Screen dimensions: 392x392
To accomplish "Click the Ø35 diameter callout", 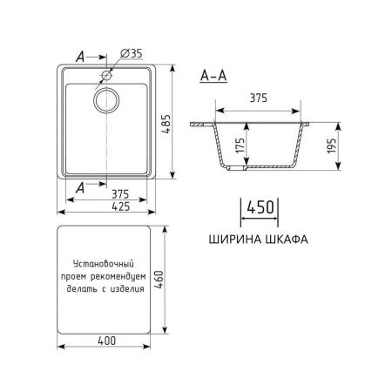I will point(130,54).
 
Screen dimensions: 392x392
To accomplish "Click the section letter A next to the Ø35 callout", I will point(80,55).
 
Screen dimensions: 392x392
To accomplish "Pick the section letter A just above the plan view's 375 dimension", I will point(80,186).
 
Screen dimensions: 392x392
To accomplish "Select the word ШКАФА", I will point(287,235).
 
